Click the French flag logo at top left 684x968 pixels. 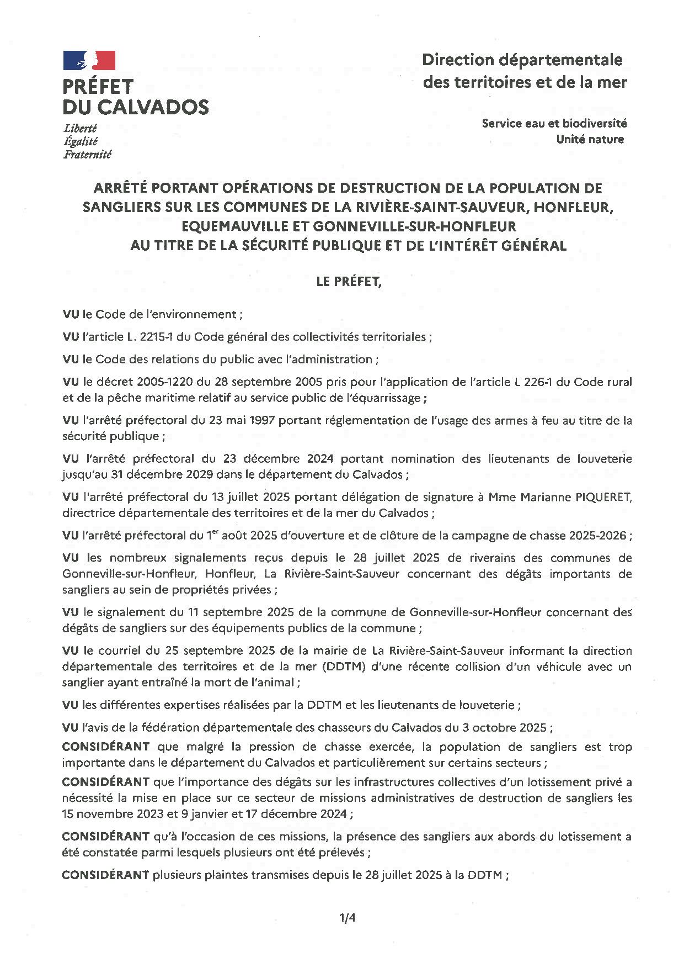pyautogui.click(x=89, y=60)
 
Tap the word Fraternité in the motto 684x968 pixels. pyautogui.click(x=87, y=155)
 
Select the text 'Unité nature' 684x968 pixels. pyautogui.click(x=590, y=139)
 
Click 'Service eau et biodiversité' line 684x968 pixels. pyautogui.click(x=554, y=123)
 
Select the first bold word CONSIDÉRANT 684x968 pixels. pyautogui.click(x=105, y=747)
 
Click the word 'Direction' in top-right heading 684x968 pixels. pyautogui.click(x=457, y=60)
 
